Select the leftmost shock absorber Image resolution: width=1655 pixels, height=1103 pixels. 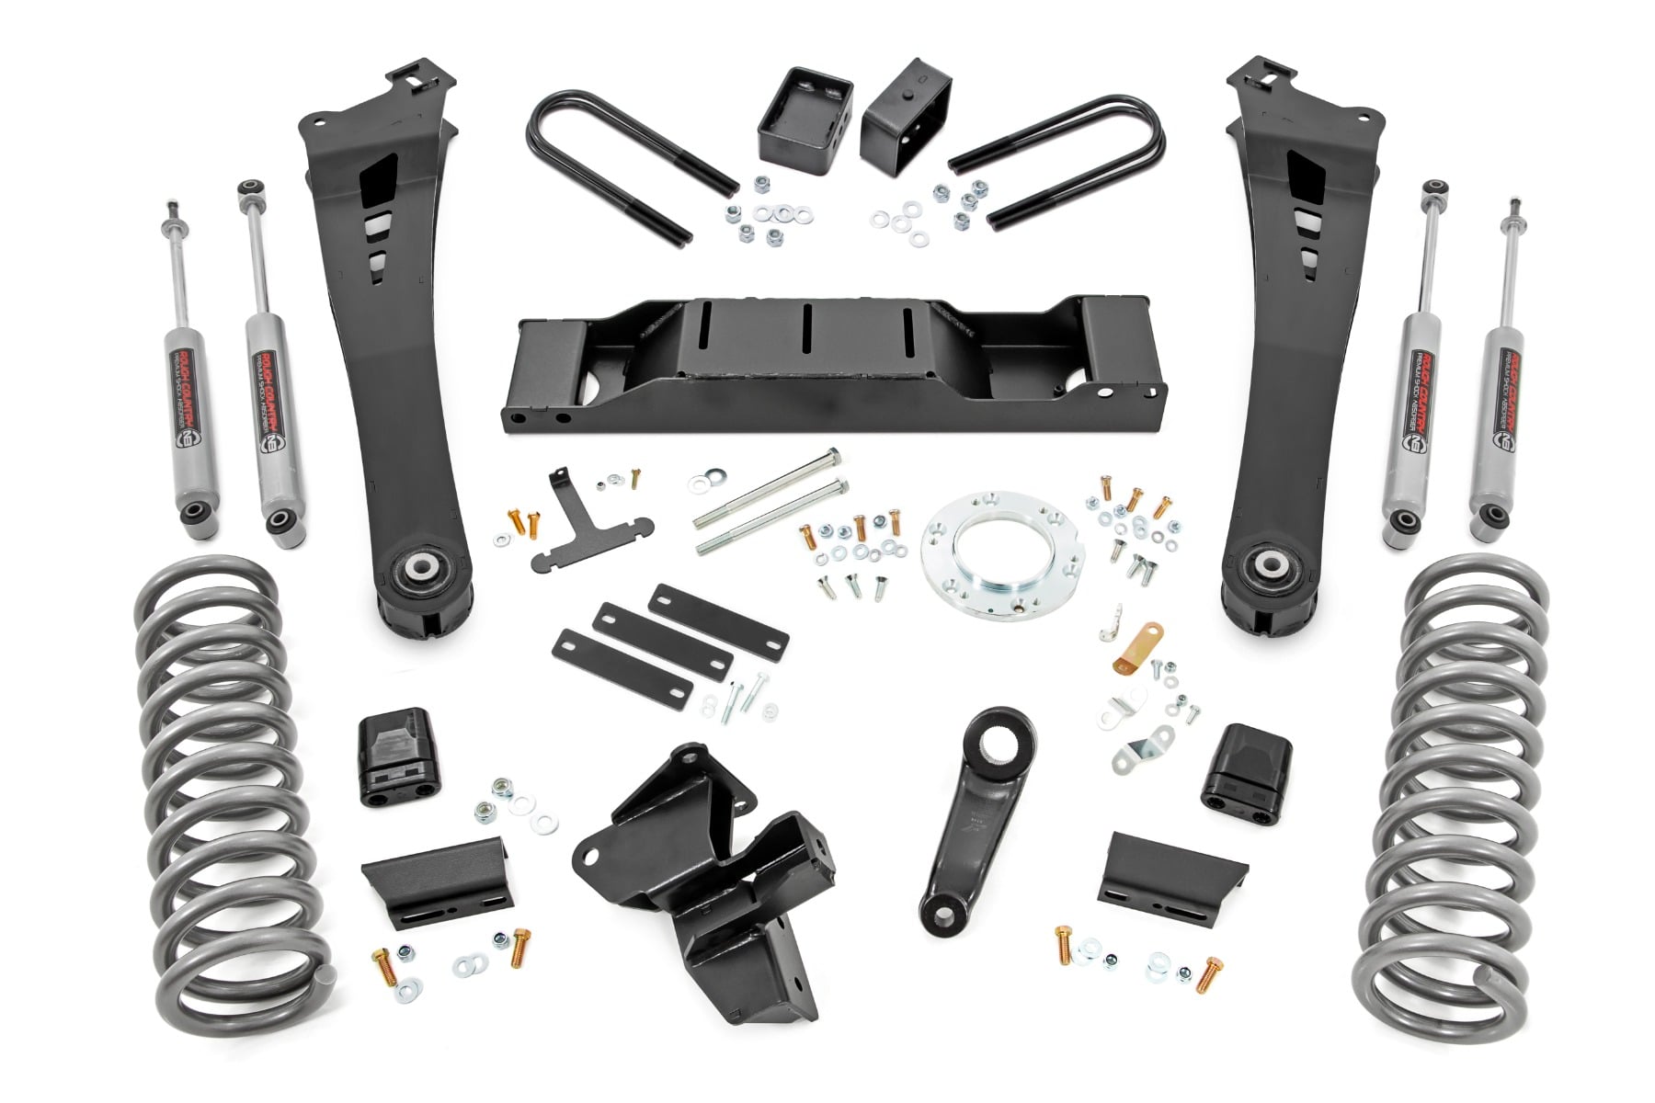click(185, 358)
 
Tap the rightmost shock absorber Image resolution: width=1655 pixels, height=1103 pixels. click(1498, 358)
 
